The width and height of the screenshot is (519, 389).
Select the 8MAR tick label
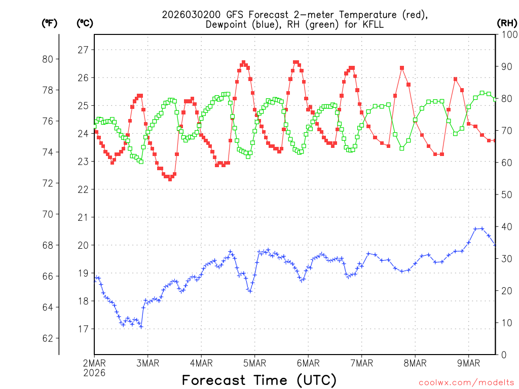415,363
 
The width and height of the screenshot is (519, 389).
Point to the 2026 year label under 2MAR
94,373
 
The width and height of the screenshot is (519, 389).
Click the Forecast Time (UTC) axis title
259,380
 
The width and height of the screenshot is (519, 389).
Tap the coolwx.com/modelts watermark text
466,382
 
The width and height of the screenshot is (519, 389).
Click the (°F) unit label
49,23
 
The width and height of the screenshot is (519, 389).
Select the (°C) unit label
85,23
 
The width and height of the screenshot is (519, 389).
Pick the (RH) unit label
507,23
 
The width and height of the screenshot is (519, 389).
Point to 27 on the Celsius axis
83,50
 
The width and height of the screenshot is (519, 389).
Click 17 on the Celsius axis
83,329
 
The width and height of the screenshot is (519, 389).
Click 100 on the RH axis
508,34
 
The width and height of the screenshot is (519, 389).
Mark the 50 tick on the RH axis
506,194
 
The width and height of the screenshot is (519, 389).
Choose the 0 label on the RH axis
503,355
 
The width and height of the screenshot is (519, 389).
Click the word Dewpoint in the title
227,24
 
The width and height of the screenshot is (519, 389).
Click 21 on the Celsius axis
83,217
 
